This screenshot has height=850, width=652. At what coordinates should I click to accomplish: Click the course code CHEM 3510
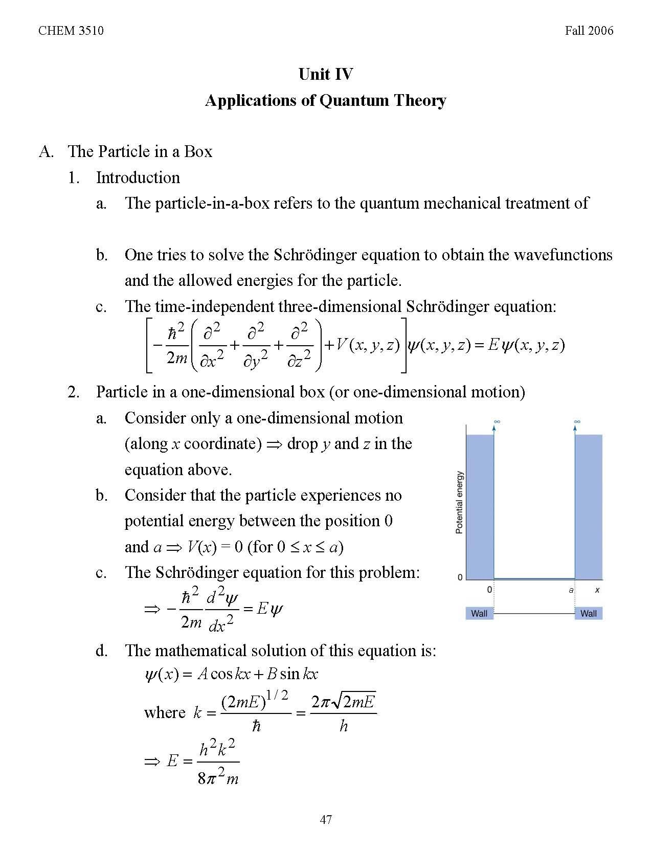(x=71, y=31)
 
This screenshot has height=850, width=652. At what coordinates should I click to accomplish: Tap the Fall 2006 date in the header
(x=589, y=31)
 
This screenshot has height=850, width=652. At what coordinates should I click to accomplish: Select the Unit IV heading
(x=326, y=75)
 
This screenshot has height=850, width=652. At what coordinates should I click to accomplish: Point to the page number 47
(x=326, y=819)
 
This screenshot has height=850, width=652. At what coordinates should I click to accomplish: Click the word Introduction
(x=138, y=177)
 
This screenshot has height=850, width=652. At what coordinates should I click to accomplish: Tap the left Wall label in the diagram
(x=479, y=613)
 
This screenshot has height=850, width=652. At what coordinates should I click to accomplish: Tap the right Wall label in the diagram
(x=588, y=613)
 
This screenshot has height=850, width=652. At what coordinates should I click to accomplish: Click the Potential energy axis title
(x=459, y=502)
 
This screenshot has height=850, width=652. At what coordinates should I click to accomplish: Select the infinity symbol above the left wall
(x=496, y=422)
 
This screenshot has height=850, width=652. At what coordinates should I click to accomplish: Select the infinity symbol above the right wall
(x=577, y=422)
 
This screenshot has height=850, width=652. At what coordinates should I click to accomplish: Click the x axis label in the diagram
(x=597, y=590)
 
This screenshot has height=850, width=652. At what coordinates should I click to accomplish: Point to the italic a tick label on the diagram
(x=571, y=590)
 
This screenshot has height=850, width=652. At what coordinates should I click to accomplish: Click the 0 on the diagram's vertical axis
(x=460, y=577)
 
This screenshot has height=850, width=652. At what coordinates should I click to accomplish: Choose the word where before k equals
(x=165, y=712)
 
